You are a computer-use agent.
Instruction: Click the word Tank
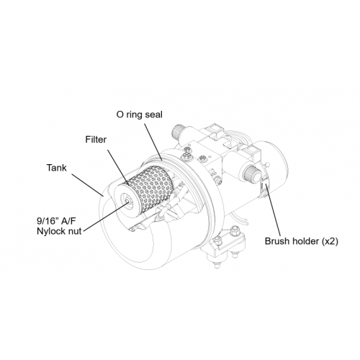(x=56, y=168)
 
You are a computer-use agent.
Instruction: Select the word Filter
(x=96, y=140)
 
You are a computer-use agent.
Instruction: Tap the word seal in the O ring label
(x=153, y=114)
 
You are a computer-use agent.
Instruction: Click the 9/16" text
(x=47, y=220)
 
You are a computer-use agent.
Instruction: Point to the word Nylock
(x=51, y=231)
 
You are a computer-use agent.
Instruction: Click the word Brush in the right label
(x=277, y=241)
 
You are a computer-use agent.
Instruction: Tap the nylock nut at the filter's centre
(x=127, y=202)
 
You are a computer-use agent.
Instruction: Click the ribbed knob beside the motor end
(x=251, y=174)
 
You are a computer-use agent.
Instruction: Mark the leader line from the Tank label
(x=88, y=184)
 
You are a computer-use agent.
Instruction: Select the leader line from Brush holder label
(x=273, y=211)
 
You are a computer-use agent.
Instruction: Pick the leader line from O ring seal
(x=154, y=142)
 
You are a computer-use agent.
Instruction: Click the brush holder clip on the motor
(x=264, y=186)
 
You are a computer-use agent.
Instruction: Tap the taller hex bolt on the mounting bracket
(x=234, y=231)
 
